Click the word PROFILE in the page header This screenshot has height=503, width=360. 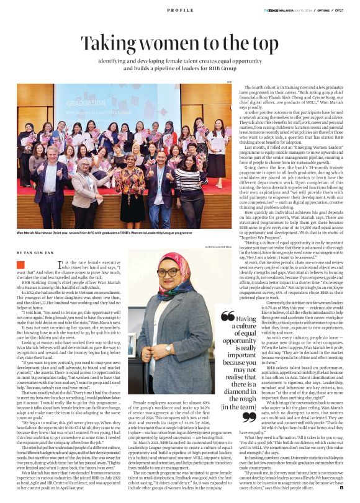click(x=180, y=11)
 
